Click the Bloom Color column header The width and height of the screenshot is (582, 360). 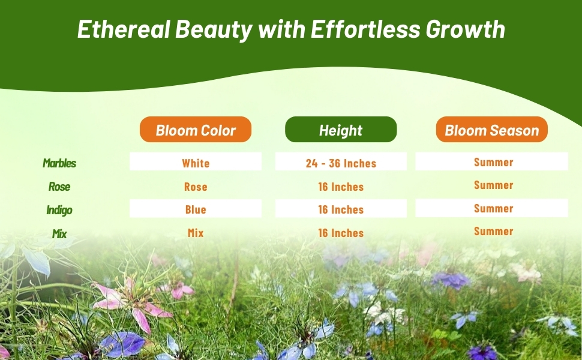[x=196, y=130]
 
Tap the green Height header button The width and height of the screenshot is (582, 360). [x=341, y=130]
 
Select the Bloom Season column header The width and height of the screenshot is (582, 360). [x=491, y=130]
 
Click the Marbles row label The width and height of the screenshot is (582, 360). [x=59, y=163]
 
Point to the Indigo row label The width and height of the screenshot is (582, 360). [x=59, y=210]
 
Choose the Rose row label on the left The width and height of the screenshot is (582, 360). [x=59, y=187]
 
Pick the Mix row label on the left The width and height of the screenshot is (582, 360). [x=59, y=233]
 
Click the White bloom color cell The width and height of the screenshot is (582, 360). [x=196, y=163]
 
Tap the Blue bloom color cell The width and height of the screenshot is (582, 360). [x=196, y=209]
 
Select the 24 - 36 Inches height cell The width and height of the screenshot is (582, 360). [x=341, y=163]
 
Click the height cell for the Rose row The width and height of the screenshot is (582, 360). [x=341, y=187]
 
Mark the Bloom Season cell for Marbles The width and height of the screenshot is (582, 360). [x=493, y=162]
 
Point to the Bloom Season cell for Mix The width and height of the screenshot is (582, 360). [x=493, y=231]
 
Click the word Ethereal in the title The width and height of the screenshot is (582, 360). [x=125, y=29]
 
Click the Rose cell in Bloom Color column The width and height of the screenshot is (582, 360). [x=196, y=187]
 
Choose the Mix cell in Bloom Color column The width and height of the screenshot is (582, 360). [x=196, y=233]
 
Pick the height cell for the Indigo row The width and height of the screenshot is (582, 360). [x=341, y=209]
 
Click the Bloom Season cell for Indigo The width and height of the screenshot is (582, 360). [x=493, y=208]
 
